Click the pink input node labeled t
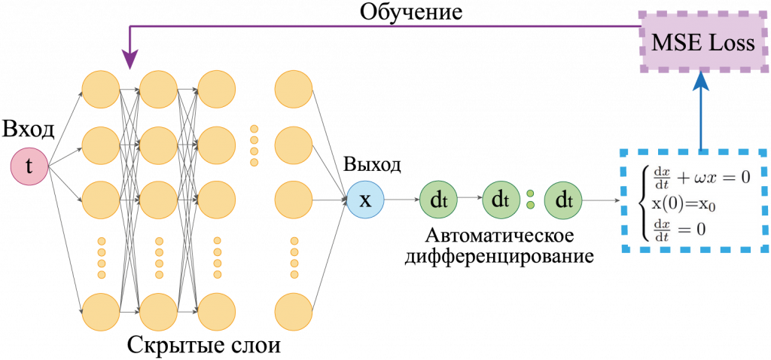click(x=29, y=167)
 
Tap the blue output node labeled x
click(x=365, y=200)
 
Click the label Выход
click(x=372, y=164)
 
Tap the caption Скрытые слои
click(x=205, y=345)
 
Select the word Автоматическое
click(x=500, y=236)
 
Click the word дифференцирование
click(x=500, y=256)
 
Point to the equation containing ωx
click(x=701, y=176)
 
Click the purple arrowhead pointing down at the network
click(x=130, y=62)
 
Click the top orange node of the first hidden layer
click(x=102, y=90)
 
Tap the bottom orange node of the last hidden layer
click(x=294, y=312)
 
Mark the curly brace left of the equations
click(x=645, y=202)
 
